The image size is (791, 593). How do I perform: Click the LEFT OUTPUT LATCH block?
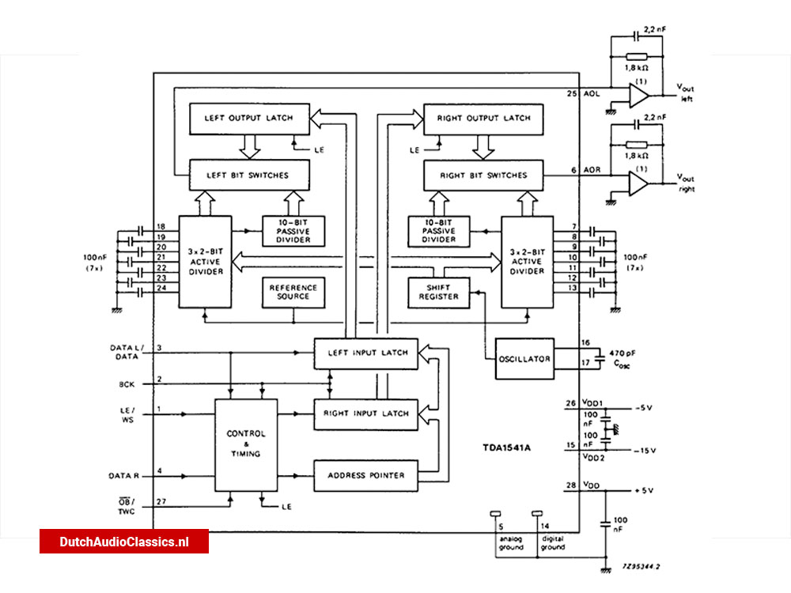click(248, 119)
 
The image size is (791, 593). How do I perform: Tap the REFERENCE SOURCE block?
click(293, 292)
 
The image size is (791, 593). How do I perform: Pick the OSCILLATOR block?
click(524, 358)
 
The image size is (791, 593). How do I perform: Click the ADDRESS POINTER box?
click(365, 475)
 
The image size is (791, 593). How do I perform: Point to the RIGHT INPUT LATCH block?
click(365, 414)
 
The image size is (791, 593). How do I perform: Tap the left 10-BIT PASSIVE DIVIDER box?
click(293, 231)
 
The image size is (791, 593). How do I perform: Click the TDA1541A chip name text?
click(507, 448)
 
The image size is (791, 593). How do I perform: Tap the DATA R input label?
click(124, 476)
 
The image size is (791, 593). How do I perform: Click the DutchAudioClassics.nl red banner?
click(124, 542)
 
